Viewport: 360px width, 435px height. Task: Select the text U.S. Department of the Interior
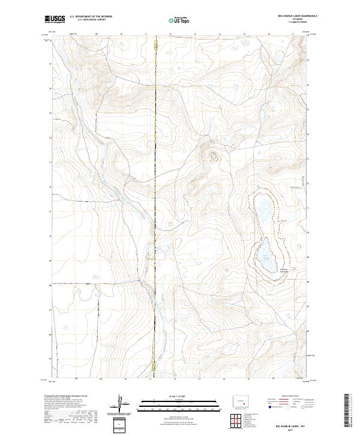coord(91,17)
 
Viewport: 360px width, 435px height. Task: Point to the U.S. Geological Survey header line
coord(91,20)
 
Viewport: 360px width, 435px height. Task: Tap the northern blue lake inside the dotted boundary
coord(264,210)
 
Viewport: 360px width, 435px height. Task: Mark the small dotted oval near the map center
coord(212,156)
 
